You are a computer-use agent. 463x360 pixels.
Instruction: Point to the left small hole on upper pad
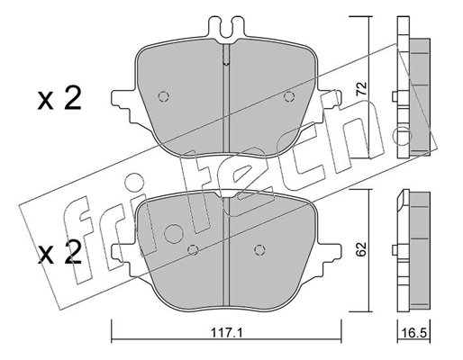point(163,97)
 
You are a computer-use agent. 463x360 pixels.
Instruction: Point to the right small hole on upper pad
point(288,97)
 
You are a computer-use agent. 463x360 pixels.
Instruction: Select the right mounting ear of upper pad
point(331,94)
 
